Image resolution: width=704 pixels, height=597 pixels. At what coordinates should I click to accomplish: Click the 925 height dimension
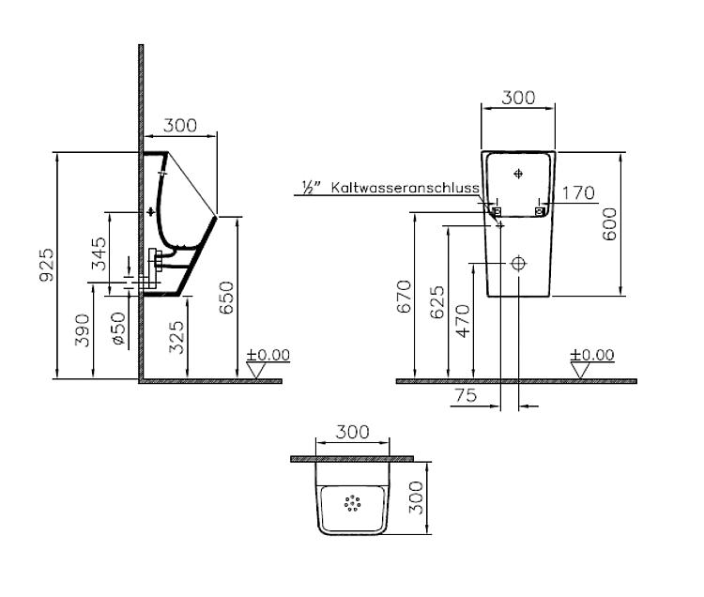(46, 265)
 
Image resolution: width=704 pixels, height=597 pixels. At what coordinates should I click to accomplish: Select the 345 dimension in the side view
(99, 253)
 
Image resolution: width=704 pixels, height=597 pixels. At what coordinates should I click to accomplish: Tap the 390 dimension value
(83, 330)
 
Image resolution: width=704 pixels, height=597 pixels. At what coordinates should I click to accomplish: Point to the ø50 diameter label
(118, 329)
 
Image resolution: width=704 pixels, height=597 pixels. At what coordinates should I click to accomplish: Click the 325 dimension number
(176, 337)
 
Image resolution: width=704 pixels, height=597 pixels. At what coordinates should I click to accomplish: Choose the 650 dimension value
(227, 298)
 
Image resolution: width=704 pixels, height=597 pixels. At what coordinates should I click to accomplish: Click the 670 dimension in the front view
(404, 297)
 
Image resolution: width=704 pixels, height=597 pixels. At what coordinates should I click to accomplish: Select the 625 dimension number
(436, 302)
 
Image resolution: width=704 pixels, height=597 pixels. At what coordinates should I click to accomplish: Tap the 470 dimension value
(463, 321)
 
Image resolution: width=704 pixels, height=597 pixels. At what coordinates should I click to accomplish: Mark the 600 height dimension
(609, 224)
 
